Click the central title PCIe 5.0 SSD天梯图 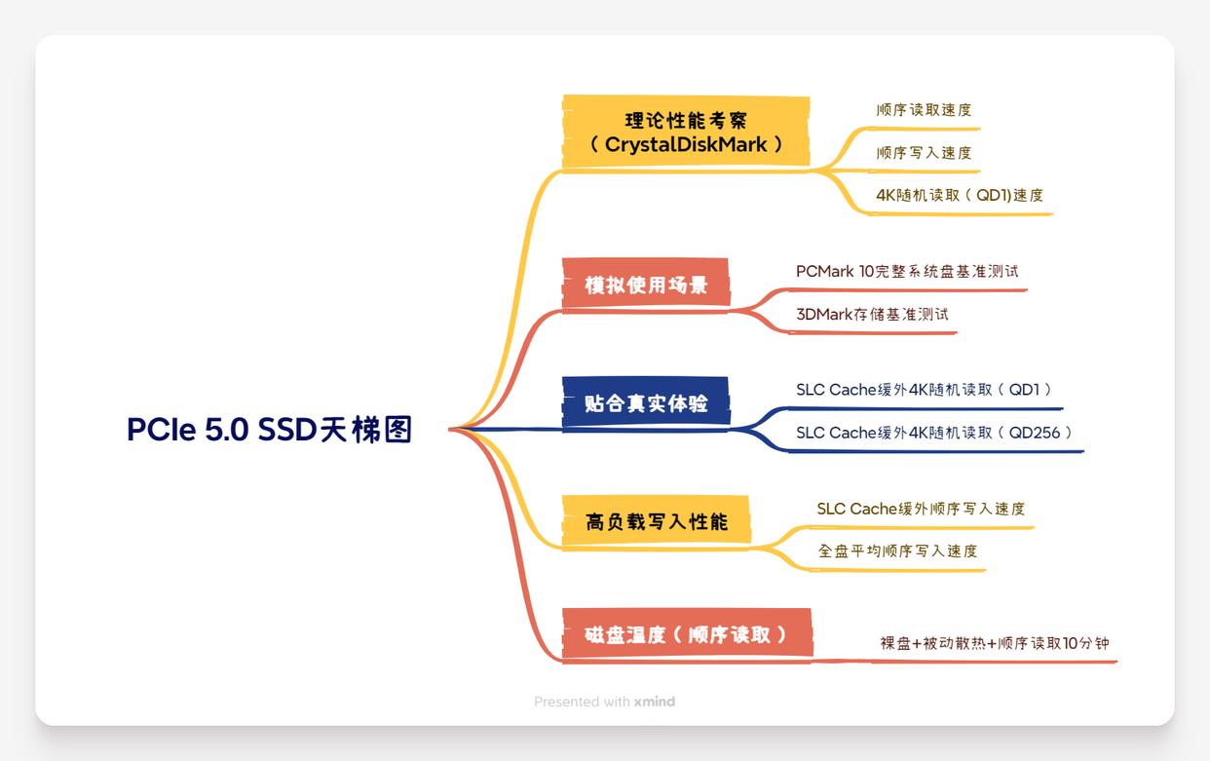pyautogui.click(x=269, y=429)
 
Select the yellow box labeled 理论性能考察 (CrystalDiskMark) pyautogui.click(x=686, y=133)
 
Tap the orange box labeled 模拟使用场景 pyautogui.click(x=645, y=285)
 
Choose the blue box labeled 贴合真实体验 pyautogui.click(x=645, y=402)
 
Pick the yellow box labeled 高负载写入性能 pyautogui.click(x=656, y=521)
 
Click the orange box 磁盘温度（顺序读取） pyautogui.click(x=686, y=635)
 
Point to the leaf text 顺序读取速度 pyautogui.click(x=924, y=110)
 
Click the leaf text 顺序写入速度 pyautogui.click(x=924, y=153)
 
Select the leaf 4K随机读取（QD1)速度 pyautogui.click(x=959, y=195)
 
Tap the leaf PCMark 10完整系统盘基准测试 pyautogui.click(x=906, y=272)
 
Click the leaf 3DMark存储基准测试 pyautogui.click(x=872, y=315)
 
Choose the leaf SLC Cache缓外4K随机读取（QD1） pyautogui.click(x=924, y=390)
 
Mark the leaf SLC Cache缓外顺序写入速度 pyautogui.click(x=921, y=509)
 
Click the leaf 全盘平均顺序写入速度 pyautogui.click(x=897, y=552)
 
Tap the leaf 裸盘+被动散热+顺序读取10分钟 pyautogui.click(x=994, y=643)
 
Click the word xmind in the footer pyautogui.click(x=654, y=702)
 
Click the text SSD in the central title pyautogui.click(x=287, y=429)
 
